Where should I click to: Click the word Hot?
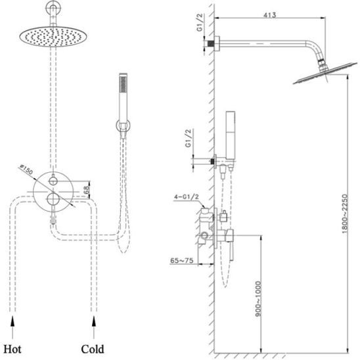click(x=12, y=349)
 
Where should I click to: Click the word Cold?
click(x=93, y=349)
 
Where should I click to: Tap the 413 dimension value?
click(x=269, y=15)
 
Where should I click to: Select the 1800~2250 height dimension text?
click(x=345, y=214)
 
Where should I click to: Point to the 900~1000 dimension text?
click(x=259, y=299)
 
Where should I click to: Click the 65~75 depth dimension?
click(x=181, y=261)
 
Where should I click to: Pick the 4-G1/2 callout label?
click(x=186, y=197)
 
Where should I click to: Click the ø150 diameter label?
click(x=26, y=169)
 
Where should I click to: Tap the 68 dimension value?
click(x=86, y=190)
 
